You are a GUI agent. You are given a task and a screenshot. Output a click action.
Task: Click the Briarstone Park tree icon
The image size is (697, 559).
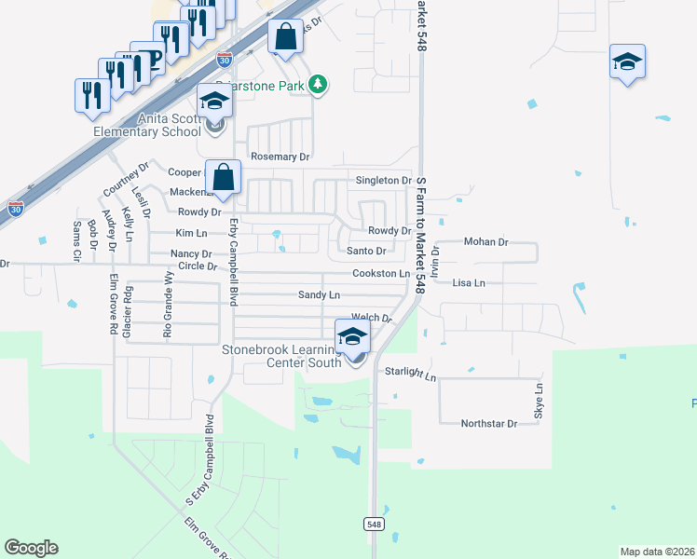point(319,85)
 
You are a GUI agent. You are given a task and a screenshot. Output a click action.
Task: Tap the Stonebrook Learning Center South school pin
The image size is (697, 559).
point(353,337)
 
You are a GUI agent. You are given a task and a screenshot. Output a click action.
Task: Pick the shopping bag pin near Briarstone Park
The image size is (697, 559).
point(286,38)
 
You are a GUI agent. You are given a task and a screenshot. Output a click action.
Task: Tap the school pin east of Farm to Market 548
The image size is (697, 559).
point(628,62)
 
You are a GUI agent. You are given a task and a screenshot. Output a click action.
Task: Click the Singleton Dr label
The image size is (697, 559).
point(383,180)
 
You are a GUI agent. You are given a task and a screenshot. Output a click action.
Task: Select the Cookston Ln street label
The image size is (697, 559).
point(380,274)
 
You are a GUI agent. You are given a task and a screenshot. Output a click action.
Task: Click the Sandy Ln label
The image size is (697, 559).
point(319,294)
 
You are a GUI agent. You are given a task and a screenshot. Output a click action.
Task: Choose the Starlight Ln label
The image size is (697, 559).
point(410,374)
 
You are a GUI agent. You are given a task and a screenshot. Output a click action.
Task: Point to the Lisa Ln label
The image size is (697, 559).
point(469,282)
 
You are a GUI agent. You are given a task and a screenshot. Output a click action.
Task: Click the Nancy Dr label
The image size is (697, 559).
point(191,254)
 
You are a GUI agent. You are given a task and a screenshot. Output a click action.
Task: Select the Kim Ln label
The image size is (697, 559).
point(191,233)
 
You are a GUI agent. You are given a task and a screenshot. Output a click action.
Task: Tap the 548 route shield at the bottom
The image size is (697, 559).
point(374,525)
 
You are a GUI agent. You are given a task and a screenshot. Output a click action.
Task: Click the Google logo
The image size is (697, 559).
point(31,548)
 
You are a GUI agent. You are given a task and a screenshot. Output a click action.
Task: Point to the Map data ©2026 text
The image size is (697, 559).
point(657,552)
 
